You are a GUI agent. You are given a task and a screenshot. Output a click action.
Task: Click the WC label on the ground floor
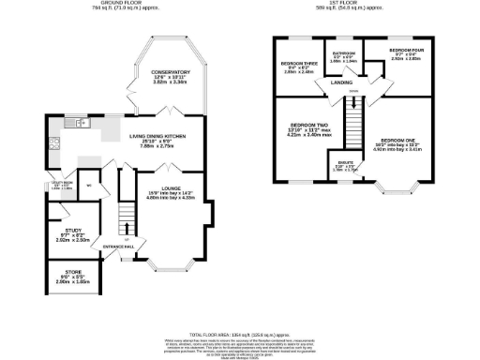88,185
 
